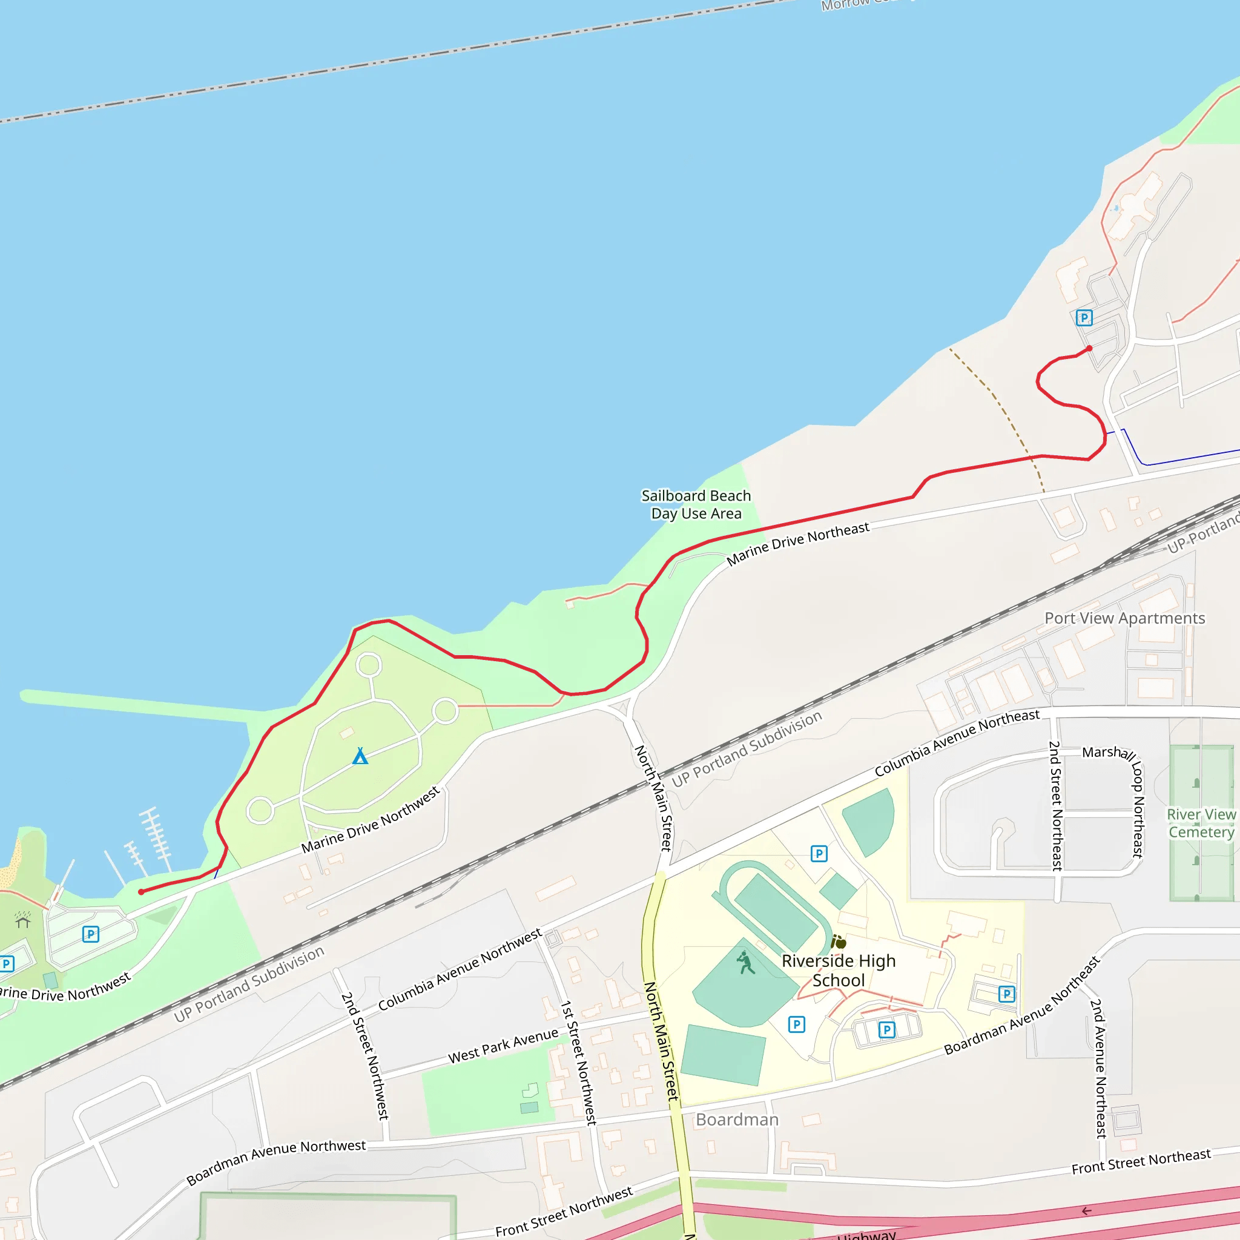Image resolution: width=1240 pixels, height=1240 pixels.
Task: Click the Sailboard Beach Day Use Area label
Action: point(696,504)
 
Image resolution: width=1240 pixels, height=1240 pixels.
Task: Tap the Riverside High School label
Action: point(838,971)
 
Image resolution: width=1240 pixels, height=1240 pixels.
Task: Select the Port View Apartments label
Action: point(1124,618)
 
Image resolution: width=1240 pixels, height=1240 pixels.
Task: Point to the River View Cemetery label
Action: point(1201,823)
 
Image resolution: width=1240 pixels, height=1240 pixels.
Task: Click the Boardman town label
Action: point(737,1120)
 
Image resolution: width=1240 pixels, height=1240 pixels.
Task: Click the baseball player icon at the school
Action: point(745,963)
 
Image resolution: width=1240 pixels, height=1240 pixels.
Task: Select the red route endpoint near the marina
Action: point(141,892)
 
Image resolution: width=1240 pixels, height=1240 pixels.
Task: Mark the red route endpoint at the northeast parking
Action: point(1089,349)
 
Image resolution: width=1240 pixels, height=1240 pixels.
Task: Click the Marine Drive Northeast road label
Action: point(798,544)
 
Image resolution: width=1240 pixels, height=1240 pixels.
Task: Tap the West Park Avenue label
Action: point(503,1046)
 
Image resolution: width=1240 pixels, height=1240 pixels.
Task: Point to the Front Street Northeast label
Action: point(1141,1162)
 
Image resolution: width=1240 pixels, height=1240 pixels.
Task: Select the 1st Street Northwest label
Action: point(579,1062)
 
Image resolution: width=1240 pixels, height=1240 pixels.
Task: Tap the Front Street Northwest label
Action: point(564,1212)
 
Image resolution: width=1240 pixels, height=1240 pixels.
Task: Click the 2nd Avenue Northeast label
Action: point(1099,1069)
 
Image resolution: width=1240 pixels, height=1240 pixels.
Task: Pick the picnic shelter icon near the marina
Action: point(23,921)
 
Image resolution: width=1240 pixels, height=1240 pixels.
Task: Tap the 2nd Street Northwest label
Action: point(365,1056)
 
